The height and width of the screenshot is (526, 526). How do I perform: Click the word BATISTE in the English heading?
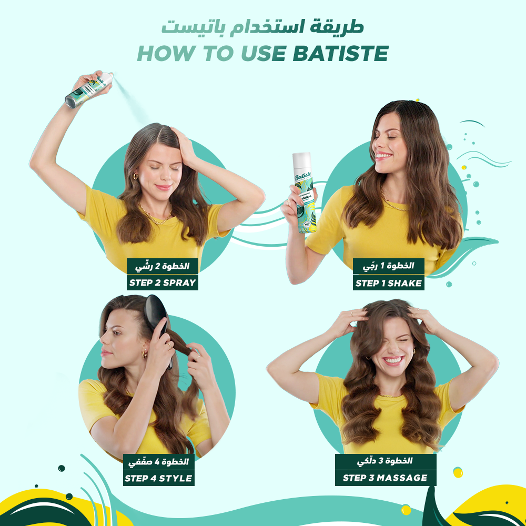[x=340, y=53]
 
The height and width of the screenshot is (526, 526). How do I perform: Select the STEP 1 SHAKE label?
[x=389, y=283]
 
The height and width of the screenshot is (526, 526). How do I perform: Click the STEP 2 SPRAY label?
[x=163, y=282]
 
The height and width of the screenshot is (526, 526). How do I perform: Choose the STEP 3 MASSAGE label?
[x=386, y=478]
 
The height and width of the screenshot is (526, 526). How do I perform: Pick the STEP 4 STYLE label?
[x=159, y=478]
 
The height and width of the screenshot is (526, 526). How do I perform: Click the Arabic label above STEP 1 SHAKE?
[x=389, y=266]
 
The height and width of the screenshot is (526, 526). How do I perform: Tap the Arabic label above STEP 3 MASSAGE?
[x=386, y=462]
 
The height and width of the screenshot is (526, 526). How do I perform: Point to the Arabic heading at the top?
[x=262, y=27]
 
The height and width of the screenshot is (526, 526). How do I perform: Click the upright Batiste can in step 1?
[x=304, y=193]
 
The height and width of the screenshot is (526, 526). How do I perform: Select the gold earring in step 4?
[x=145, y=353]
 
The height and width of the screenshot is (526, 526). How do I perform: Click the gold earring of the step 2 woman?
[x=135, y=176]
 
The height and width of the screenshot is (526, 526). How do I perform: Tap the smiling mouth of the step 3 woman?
[x=392, y=361]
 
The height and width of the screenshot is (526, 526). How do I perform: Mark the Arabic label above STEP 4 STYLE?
[x=159, y=462]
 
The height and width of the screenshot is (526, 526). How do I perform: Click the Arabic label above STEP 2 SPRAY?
[x=163, y=266]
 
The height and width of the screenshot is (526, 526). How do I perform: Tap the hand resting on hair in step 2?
[x=184, y=145]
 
